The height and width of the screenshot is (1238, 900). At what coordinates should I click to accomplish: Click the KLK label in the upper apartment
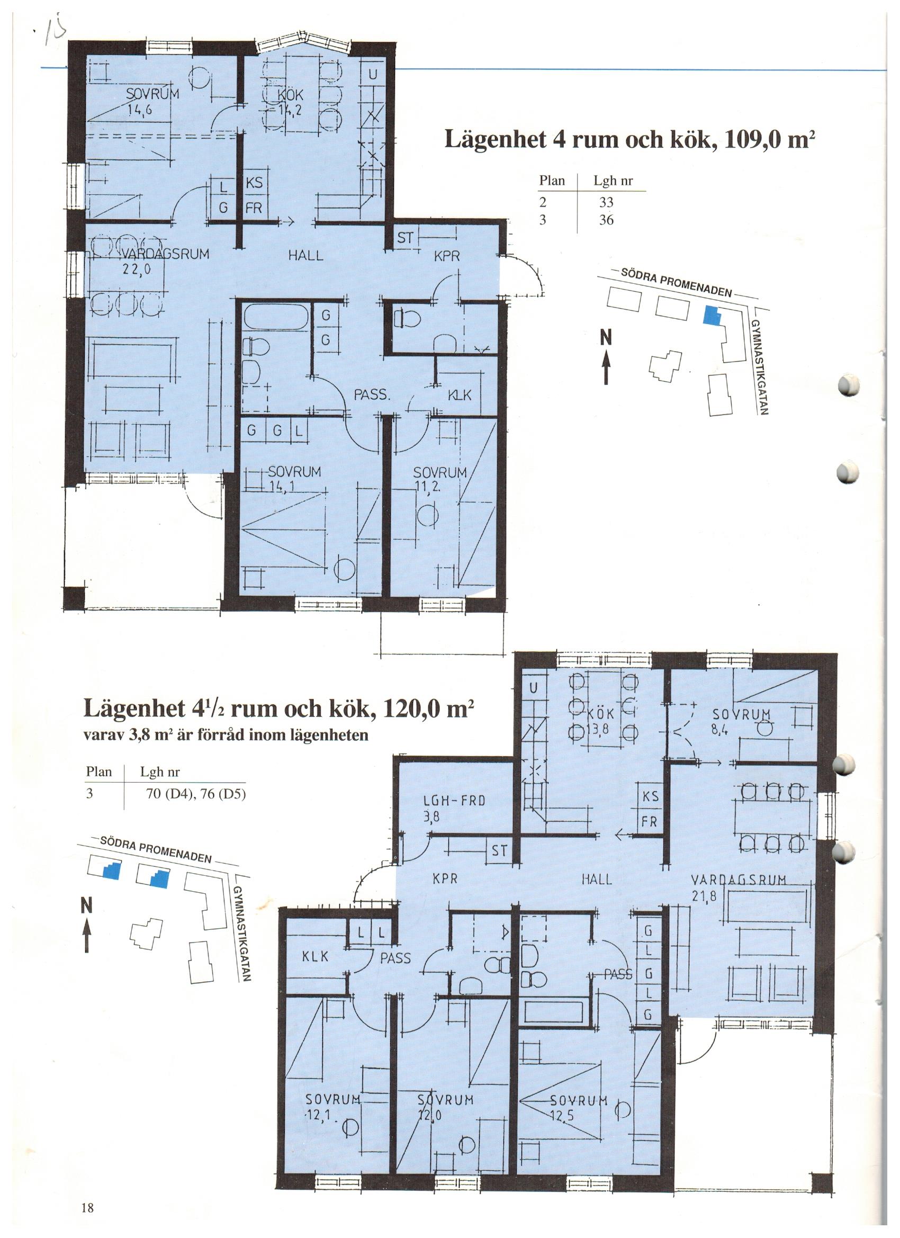(x=459, y=395)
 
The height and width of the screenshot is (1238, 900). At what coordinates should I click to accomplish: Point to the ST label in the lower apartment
(x=499, y=850)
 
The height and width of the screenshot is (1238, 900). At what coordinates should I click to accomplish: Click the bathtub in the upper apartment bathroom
(x=276, y=317)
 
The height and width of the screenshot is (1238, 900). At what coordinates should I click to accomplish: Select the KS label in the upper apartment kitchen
(x=254, y=183)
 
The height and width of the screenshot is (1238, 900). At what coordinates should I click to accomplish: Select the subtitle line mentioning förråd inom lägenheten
(x=226, y=735)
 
